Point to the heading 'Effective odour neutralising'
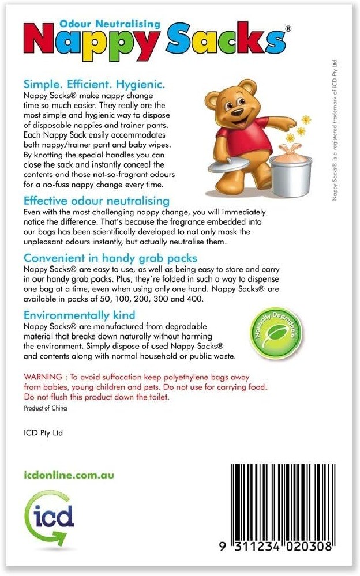coord(97,201)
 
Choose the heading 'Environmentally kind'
coord(80,315)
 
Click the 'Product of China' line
coord(46,409)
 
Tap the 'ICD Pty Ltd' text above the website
coord(44,433)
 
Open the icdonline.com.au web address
coord(69,475)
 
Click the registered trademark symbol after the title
coord(288,28)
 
